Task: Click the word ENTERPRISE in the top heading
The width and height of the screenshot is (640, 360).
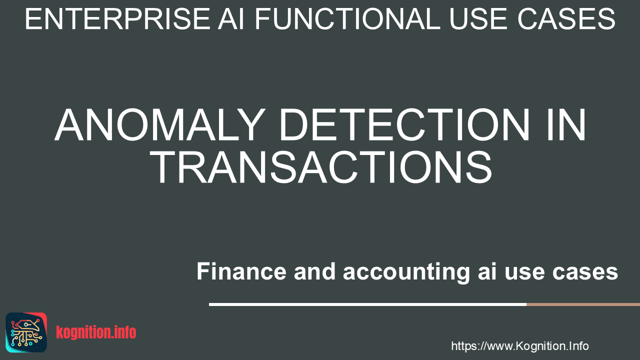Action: (x=117, y=19)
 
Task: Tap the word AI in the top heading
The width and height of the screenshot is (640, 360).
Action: (x=231, y=19)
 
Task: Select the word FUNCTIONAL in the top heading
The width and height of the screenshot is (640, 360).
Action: (x=347, y=19)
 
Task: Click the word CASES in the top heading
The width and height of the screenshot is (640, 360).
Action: (x=566, y=19)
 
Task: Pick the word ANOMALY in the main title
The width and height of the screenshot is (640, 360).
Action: (x=160, y=125)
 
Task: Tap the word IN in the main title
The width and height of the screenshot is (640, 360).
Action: (x=566, y=125)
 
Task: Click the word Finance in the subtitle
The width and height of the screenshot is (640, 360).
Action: (x=241, y=271)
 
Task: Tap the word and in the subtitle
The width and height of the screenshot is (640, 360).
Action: (x=314, y=271)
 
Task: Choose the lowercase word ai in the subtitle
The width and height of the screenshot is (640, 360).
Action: (x=487, y=271)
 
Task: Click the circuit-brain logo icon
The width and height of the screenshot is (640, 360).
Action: (x=26, y=332)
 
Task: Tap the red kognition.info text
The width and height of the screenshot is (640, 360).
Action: (x=96, y=332)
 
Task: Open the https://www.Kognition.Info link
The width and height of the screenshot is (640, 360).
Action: (x=519, y=346)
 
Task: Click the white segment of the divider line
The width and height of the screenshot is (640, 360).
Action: (x=367, y=304)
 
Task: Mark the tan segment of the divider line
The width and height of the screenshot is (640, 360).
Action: (x=583, y=304)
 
